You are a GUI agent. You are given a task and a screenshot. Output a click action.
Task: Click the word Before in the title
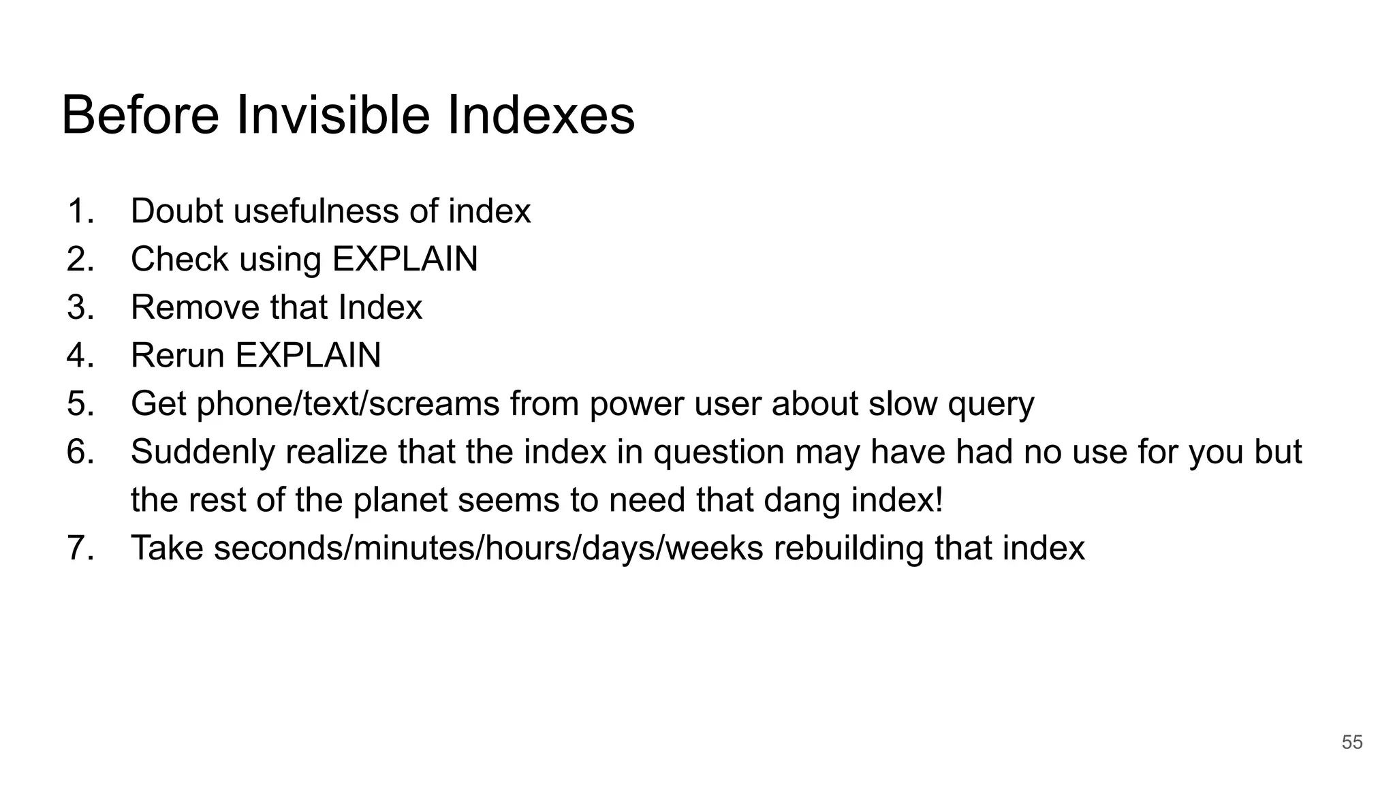(140, 115)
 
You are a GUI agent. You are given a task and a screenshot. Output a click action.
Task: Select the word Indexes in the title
(541, 115)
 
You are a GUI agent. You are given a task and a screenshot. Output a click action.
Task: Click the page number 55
(1351, 742)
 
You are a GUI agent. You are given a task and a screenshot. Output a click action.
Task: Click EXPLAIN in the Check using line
(405, 260)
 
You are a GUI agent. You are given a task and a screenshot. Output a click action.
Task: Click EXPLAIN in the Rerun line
(308, 356)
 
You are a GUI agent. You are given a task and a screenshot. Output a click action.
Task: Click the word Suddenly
(202, 452)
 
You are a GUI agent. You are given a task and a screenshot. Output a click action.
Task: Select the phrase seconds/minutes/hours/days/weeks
(488, 549)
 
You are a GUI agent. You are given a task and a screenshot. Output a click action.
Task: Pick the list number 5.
(79, 404)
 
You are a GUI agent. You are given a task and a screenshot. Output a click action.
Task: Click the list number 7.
(79, 549)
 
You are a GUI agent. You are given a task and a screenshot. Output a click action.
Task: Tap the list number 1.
(79, 211)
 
